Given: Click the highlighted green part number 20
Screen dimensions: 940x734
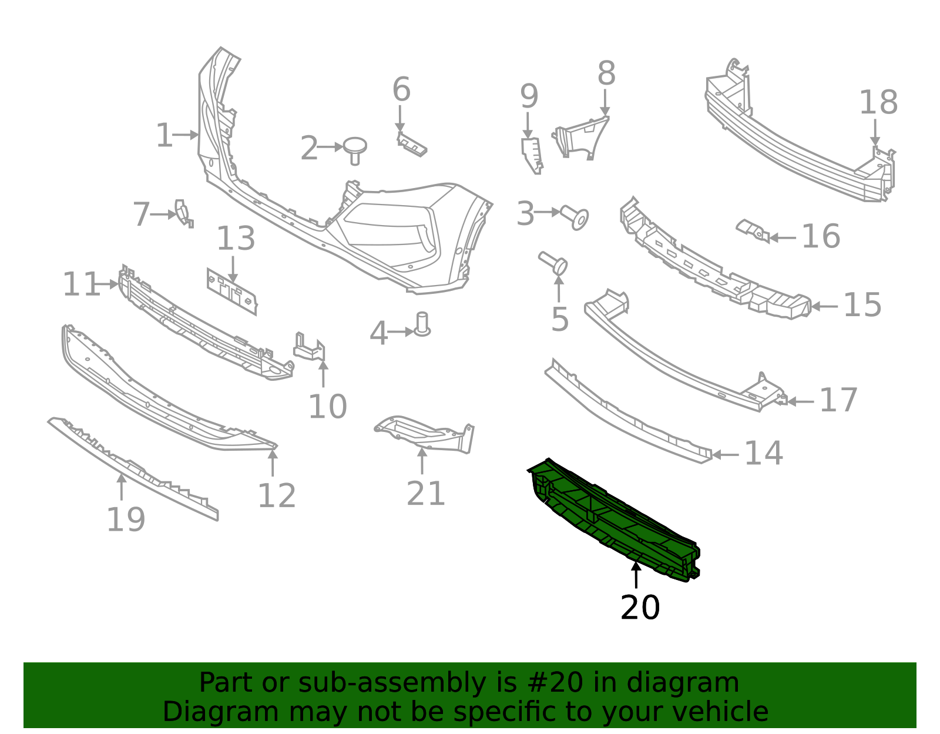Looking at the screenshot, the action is tap(614, 520).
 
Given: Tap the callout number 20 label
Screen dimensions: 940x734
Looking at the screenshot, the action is tap(640, 608).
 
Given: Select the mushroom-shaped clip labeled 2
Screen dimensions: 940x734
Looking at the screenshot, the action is tap(355, 148).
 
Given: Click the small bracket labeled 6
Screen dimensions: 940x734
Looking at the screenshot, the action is tap(411, 145).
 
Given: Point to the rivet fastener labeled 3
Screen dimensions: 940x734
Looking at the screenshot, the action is tap(575, 217).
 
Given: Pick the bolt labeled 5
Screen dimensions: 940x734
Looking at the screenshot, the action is tap(554, 262).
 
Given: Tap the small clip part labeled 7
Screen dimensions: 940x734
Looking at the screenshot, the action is tap(183, 213).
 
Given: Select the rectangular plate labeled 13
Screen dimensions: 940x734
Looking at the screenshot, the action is tap(232, 291).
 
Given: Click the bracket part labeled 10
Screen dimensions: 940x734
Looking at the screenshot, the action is tap(310, 348).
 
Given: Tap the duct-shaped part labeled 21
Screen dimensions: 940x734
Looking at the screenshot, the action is tap(424, 434).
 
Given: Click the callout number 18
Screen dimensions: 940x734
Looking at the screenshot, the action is tap(878, 103).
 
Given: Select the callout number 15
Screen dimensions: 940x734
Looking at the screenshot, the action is tap(862, 306).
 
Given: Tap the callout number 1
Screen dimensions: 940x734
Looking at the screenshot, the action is tap(164, 136).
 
